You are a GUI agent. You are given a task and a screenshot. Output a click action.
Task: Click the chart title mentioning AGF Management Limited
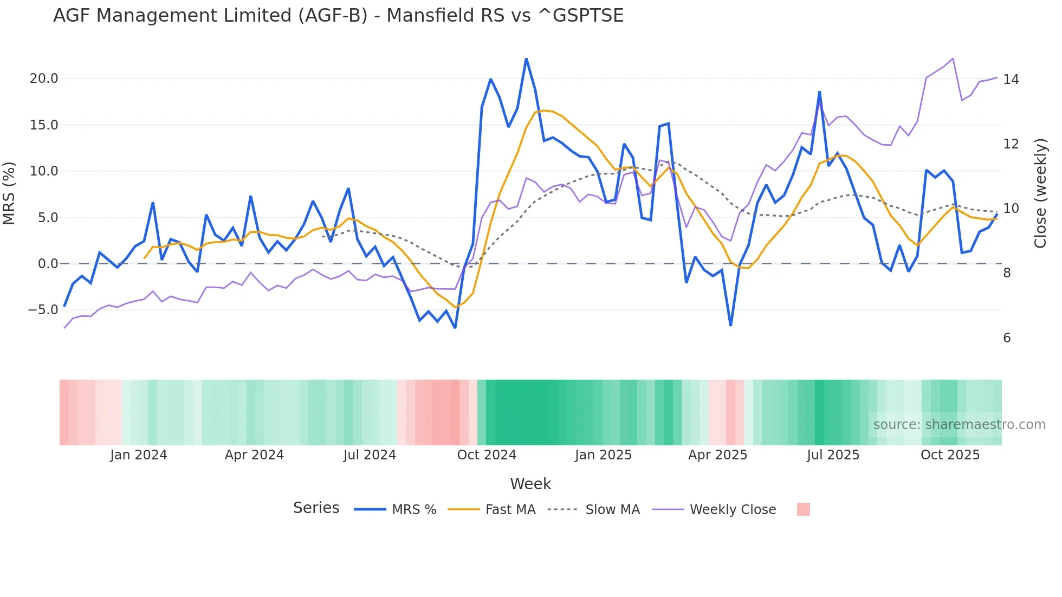coord(338,15)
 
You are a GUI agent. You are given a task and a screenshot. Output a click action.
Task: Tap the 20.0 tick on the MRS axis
coord(44,79)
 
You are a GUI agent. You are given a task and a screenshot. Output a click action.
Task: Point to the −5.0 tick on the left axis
coord(43,310)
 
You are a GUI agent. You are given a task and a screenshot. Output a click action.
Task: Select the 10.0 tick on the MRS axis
coord(44,171)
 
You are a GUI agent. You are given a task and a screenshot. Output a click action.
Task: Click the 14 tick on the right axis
coord(1011,80)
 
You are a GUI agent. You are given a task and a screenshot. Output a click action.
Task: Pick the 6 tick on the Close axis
coord(1007,338)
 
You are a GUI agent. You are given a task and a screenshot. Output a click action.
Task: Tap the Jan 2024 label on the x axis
coord(138,455)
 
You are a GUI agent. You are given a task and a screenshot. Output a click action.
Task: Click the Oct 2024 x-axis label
coord(487,455)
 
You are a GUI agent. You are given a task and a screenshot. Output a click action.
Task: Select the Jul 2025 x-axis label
coord(833,455)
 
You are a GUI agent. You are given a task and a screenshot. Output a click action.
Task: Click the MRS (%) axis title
coord(9,193)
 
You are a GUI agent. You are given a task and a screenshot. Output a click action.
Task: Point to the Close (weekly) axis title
coord(1040,193)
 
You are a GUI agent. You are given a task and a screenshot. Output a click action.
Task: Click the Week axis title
coord(530,484)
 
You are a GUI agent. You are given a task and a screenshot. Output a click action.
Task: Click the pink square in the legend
coord(804,509)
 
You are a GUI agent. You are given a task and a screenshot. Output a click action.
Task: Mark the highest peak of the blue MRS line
coord(526,59)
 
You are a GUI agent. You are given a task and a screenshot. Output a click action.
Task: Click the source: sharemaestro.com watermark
coord(959,425)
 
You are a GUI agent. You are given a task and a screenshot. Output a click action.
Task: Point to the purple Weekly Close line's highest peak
coord(953,59)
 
